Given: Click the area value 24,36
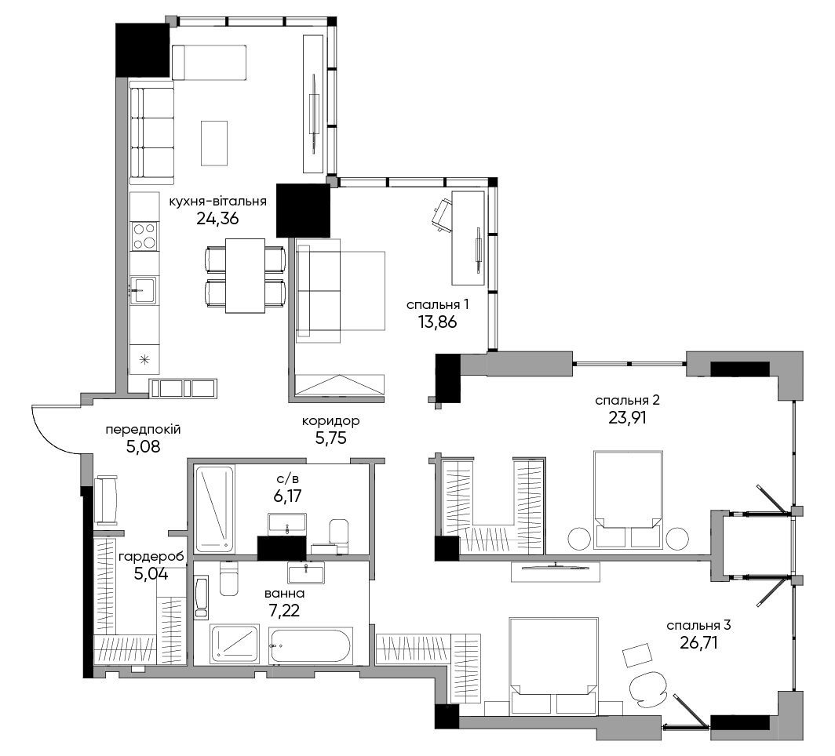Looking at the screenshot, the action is point(217,218).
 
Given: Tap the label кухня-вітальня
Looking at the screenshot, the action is point(218,202).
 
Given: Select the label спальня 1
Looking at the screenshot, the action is point(438,305).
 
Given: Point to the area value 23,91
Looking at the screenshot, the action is point(627,418).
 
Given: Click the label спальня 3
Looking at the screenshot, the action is point(698,626).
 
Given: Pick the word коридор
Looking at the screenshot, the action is point(330,421).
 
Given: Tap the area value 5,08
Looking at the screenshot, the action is point(144,446).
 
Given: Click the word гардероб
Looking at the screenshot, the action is point(151,557).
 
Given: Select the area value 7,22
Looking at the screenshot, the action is point(284,610).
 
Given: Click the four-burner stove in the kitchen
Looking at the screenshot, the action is point(144,236).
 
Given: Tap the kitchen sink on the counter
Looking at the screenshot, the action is point(144,290).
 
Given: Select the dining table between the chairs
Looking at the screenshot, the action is point(245,275).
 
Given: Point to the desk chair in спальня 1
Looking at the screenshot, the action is point(440,216).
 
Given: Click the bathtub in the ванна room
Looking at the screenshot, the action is point(310,645).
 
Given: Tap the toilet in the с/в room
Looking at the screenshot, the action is point(338,535).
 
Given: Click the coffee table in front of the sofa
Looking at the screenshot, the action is point(214,143).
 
